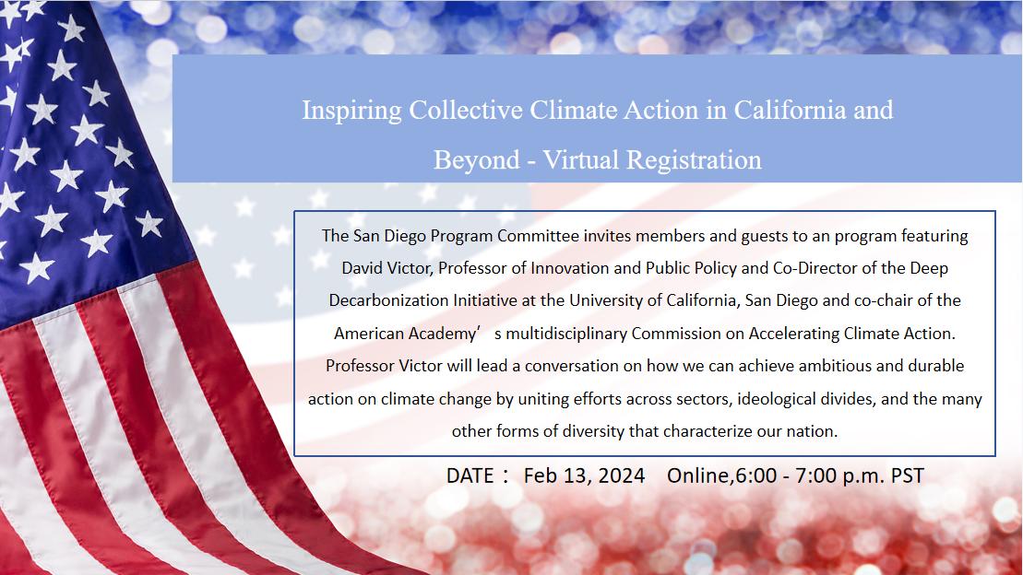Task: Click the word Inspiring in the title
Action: tap(351, 111)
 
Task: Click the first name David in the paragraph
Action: tap(363, 268)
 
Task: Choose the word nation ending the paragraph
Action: tap(812, 430)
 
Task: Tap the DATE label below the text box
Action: tap(470, 475)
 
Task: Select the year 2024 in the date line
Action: tap(621, 475)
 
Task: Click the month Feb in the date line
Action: tap(541, 475)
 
